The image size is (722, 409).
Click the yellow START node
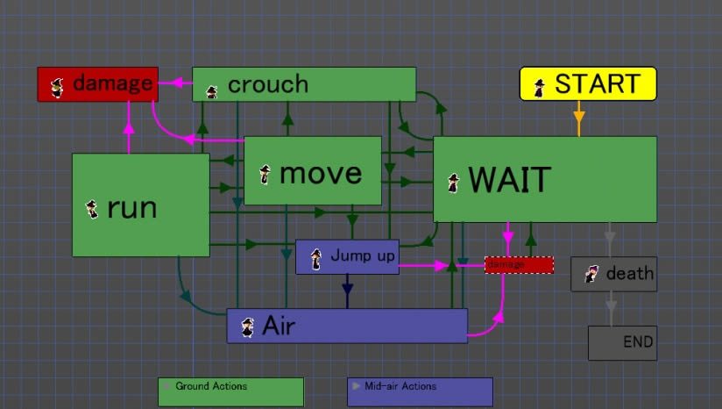588,84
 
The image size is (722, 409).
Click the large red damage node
97,84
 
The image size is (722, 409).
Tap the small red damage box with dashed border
520,265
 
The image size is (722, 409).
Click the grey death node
613,274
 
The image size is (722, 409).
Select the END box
622,342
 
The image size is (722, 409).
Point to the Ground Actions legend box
230,391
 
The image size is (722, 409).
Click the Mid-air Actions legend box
420,391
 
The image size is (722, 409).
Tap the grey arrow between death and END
611,306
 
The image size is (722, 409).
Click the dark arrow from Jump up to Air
347,288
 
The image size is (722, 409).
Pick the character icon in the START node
541,86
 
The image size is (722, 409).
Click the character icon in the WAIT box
453,183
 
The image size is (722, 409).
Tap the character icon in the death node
591,274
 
